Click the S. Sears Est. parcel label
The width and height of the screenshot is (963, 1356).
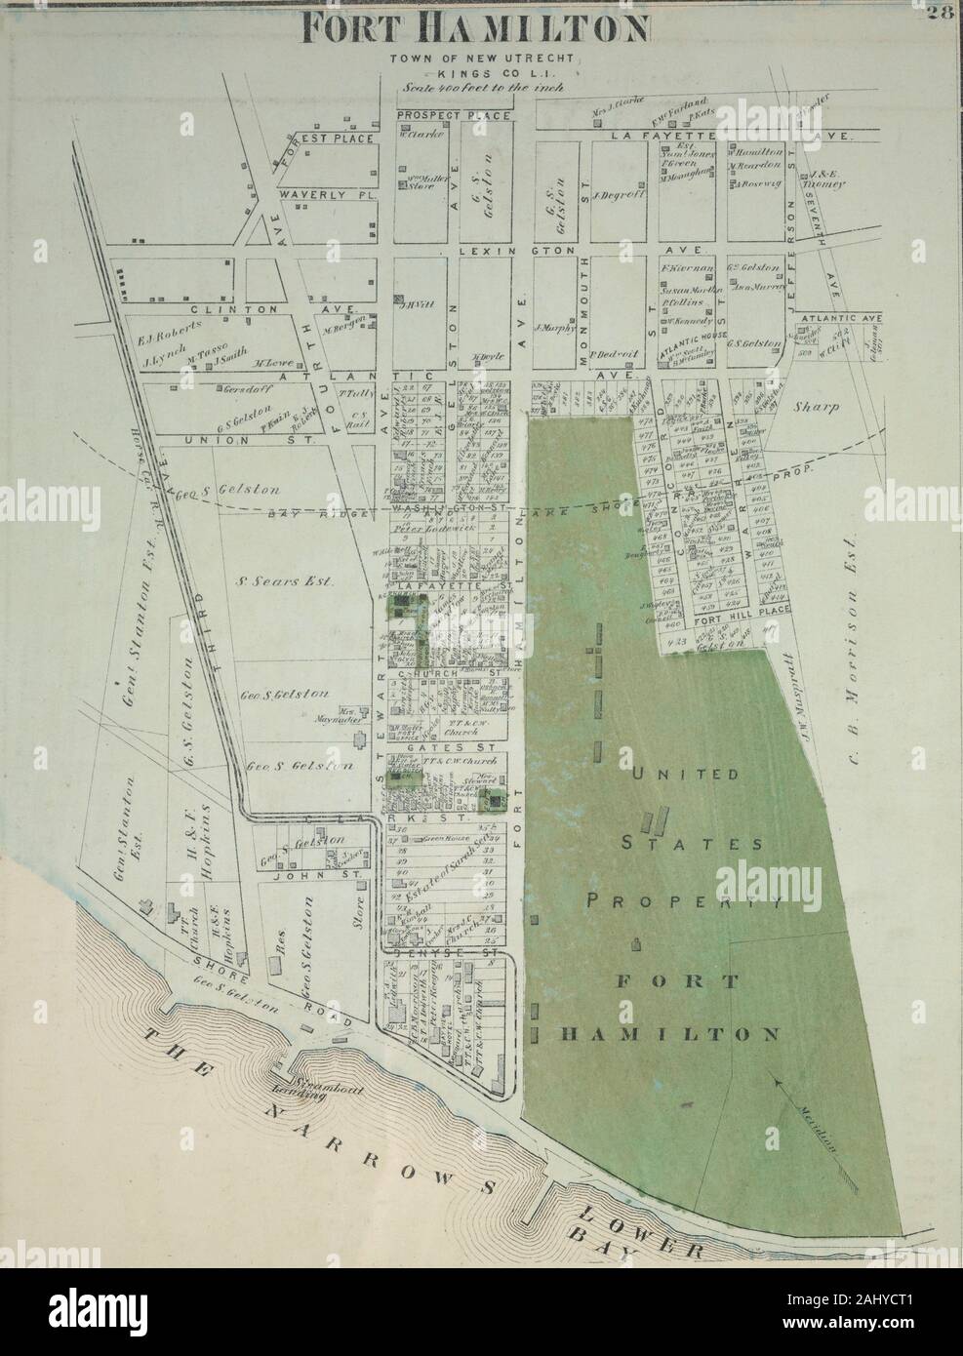[286, 581]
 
